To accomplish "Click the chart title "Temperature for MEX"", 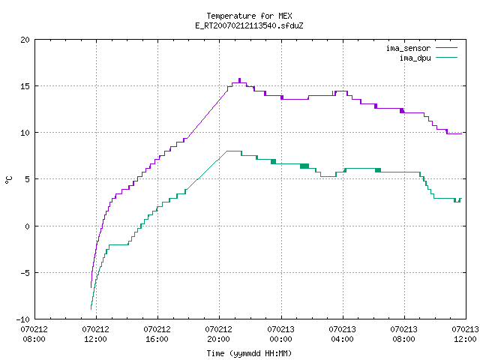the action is [249, 16].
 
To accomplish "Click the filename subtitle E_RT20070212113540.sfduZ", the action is [249, 25].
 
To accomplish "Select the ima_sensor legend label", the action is [408, 48].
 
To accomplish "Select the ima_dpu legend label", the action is [415, 58].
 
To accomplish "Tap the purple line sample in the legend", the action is [447, 48].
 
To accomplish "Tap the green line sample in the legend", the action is [447, 57].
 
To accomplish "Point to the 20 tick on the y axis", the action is [25, 40].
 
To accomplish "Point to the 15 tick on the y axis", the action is [25, 86].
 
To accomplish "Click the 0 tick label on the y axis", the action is [27, 226].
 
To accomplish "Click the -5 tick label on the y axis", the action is [25, 273].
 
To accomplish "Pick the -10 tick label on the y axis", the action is [23, 319].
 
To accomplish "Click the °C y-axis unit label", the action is [8, 180].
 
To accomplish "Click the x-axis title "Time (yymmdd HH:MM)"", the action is [249, 353].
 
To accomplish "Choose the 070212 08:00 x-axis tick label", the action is [34, 334].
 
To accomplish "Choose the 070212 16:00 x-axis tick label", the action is [157, 334].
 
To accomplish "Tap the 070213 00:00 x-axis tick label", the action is [280, 334].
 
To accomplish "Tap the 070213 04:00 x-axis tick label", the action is [342, 334].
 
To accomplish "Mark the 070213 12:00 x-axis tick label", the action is [465, 334].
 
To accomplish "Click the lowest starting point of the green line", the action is [91, 309].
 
